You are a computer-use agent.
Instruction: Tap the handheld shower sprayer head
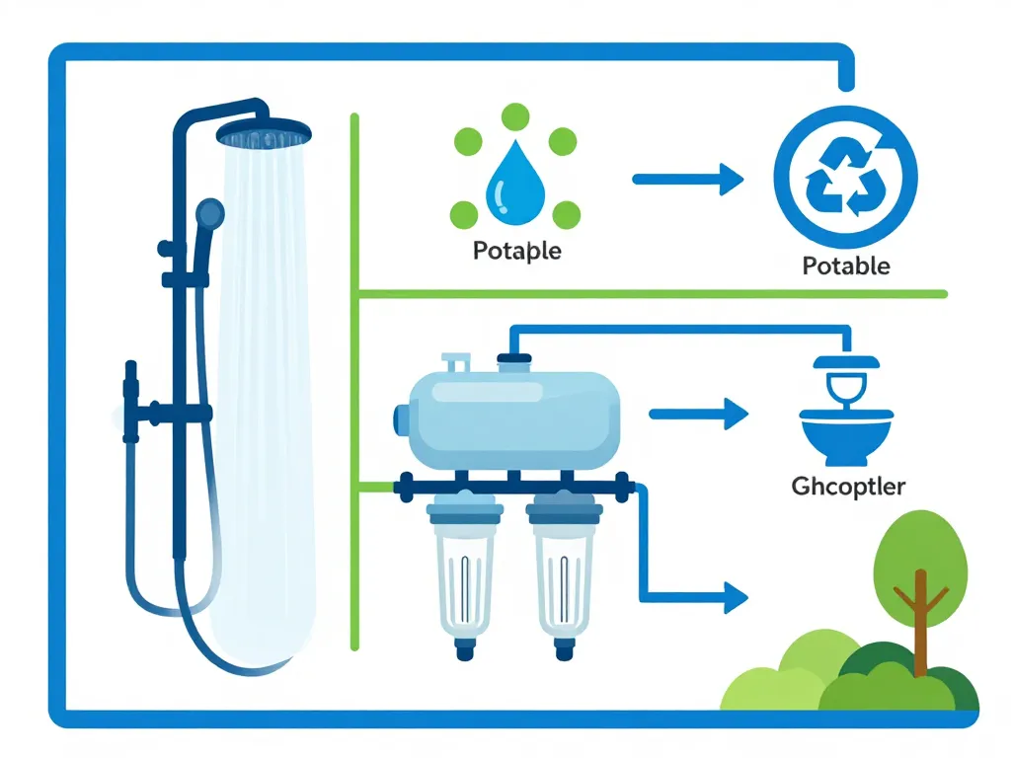209,212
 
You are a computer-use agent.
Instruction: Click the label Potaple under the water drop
516,251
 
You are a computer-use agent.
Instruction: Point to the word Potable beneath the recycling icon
846,265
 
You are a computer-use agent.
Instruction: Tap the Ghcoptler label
848,486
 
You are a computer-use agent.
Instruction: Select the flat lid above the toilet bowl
847,362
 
